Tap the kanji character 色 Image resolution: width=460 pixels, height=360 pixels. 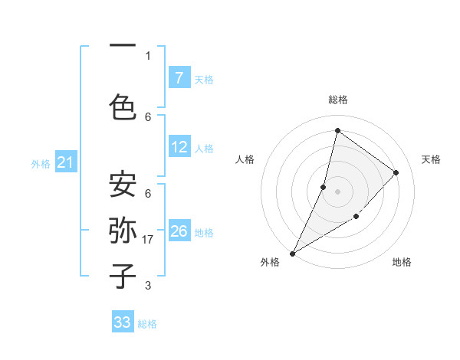click(123, 106)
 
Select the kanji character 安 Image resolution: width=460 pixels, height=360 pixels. click(123, 183)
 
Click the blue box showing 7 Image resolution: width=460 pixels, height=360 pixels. click(179, 78)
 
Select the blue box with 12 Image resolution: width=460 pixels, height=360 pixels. click(179, 147)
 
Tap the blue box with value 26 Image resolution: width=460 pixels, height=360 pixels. click(179, 231)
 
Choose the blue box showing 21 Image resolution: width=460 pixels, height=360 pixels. click(66, 162)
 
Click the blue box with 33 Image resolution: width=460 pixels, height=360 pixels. click(123, 322)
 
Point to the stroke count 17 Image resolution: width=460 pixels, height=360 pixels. click(149, 240)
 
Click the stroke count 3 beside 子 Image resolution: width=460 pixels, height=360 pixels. click(148, 286)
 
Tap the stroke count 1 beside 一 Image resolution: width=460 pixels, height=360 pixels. click(148, 55)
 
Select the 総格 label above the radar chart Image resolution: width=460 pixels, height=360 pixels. click(337, 100)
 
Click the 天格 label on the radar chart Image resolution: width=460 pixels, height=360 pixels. click(431, 159)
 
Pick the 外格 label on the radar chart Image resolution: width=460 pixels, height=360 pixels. click(270, 262)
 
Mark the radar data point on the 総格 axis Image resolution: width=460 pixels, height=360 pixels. click(337, 130)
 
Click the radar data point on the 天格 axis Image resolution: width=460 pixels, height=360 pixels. click(396, 172)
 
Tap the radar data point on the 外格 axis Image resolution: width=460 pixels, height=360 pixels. click(292, 253)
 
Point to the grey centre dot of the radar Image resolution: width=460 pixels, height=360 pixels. click(337, 191)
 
